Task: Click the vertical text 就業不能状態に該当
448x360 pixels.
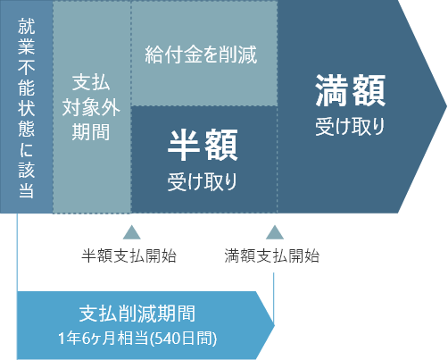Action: tap(26, 108)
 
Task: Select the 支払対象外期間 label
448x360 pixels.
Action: tap(91, 107)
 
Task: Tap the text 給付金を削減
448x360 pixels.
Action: tap(201, 54)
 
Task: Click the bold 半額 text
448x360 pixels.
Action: tap(203, 146)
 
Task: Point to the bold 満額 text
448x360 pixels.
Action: tap(351, 90)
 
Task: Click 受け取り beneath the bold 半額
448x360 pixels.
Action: tap(202, 181)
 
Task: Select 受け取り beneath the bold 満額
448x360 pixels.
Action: tap(350, 127)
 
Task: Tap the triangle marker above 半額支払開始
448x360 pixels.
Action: tap(132, 232)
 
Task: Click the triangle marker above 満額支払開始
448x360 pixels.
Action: tap(275, 232)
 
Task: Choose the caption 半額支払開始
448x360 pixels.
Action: tap(129, 255)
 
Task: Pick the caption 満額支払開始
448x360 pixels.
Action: tap(272, 255)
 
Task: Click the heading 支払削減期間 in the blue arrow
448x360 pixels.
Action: tap(137, 314)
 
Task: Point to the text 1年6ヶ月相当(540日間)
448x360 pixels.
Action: tap(137, 339)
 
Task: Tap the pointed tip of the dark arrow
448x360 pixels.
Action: tap(447, 106)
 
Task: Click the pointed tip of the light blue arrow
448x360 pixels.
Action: tap(274, 325)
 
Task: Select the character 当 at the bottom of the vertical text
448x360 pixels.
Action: tap(26, 189)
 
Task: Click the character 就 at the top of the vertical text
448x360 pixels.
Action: tap(26, 26)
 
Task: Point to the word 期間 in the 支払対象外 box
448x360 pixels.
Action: tap(91, 132)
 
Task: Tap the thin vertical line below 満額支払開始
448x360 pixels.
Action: tap(273, 298)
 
